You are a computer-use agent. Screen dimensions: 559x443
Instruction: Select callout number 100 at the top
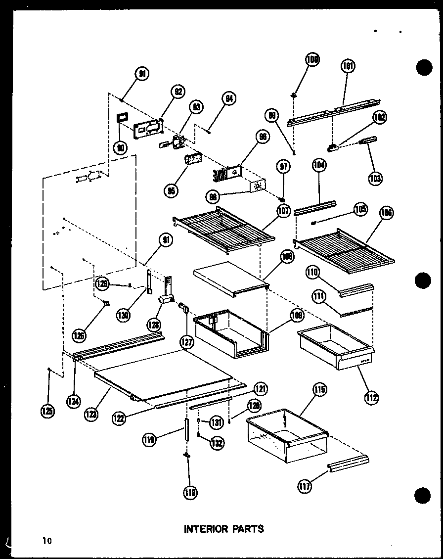point(312,60)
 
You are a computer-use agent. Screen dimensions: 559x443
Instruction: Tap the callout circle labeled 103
point(375,178)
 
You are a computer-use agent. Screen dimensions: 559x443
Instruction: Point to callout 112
point(372,397)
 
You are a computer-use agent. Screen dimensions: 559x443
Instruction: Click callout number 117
point(305,487)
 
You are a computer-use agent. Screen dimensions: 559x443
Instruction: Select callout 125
point(48,410)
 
